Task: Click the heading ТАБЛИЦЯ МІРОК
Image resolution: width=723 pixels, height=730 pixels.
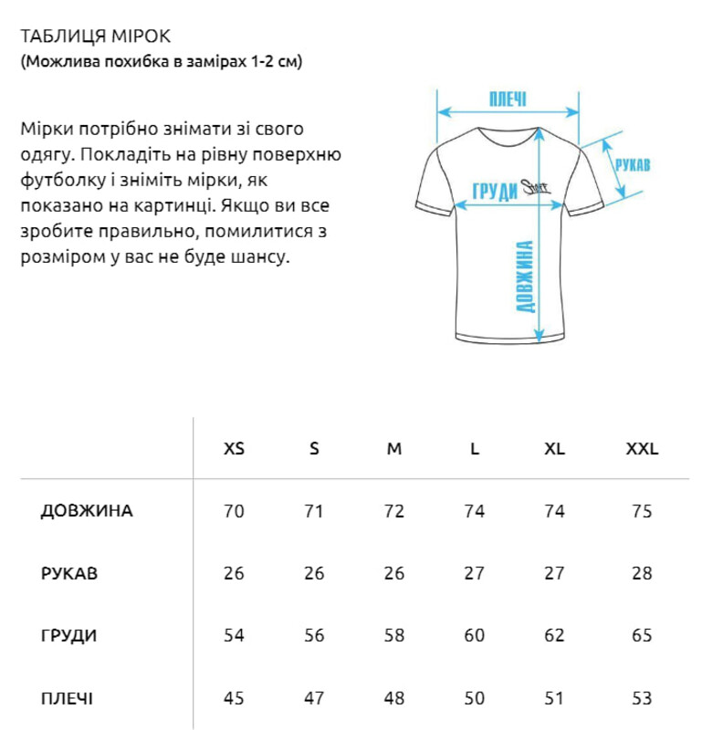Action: tap(95, 36)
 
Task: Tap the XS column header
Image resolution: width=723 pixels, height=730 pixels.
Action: tap(235, 449)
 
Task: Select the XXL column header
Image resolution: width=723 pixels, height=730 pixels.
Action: tap(642, 449)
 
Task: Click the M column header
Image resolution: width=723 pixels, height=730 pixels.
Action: tap(394, 449)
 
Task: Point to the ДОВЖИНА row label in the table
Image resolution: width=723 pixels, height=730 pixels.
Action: tap(87, 511)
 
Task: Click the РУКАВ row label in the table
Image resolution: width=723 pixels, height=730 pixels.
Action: tap(69, 574)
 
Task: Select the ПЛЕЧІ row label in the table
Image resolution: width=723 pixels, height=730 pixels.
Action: tap(67, 699)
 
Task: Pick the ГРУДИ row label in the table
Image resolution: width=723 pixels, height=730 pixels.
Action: tap(68, 636)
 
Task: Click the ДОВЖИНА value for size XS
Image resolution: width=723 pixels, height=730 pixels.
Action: tap(235, 511)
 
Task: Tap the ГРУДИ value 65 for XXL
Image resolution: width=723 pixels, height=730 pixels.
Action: tap(642, 636)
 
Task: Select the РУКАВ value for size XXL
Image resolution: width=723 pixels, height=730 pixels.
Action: tap(642, 574)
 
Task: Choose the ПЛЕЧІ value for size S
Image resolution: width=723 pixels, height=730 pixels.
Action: tap(314, 699)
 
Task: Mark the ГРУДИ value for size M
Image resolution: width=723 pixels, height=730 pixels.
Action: tap(394, 636)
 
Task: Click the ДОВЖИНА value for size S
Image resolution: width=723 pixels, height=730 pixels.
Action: tap(314, 511)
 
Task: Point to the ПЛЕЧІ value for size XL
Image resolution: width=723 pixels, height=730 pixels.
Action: tap(554, 699)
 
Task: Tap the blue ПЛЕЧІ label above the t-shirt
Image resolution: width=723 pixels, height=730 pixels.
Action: tap(508, 99)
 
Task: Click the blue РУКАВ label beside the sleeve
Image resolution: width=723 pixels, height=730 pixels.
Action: tap(633, 166)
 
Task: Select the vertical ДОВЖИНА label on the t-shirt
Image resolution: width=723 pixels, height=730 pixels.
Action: tap(525, 276)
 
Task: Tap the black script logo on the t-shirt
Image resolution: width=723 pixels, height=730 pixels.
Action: tap(533, 186)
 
